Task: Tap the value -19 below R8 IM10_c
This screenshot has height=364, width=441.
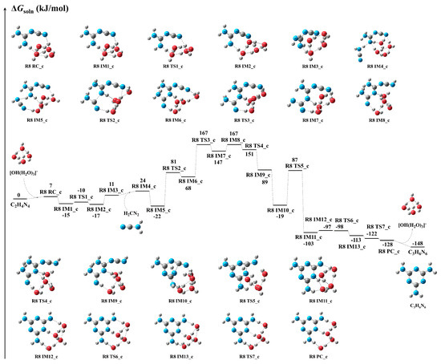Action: coord(281,216)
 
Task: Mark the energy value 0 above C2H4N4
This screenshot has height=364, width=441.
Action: coord(17,195)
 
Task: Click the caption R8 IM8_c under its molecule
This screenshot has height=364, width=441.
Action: coord(386,123)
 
